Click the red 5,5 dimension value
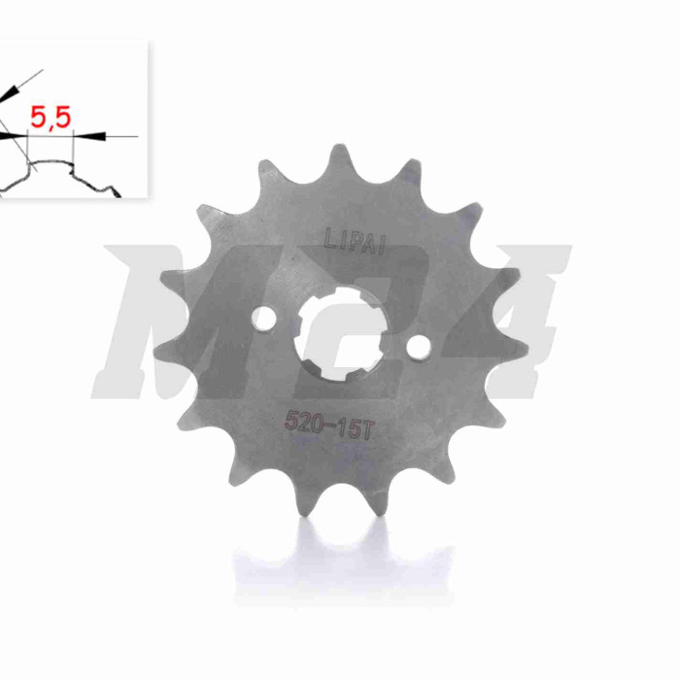click(51, 118)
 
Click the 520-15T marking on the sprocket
click(328, 425)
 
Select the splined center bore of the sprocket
click(341, 335)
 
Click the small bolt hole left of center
click(263, 320)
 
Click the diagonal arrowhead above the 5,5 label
click(11, 93)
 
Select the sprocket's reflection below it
click(343, 563)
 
